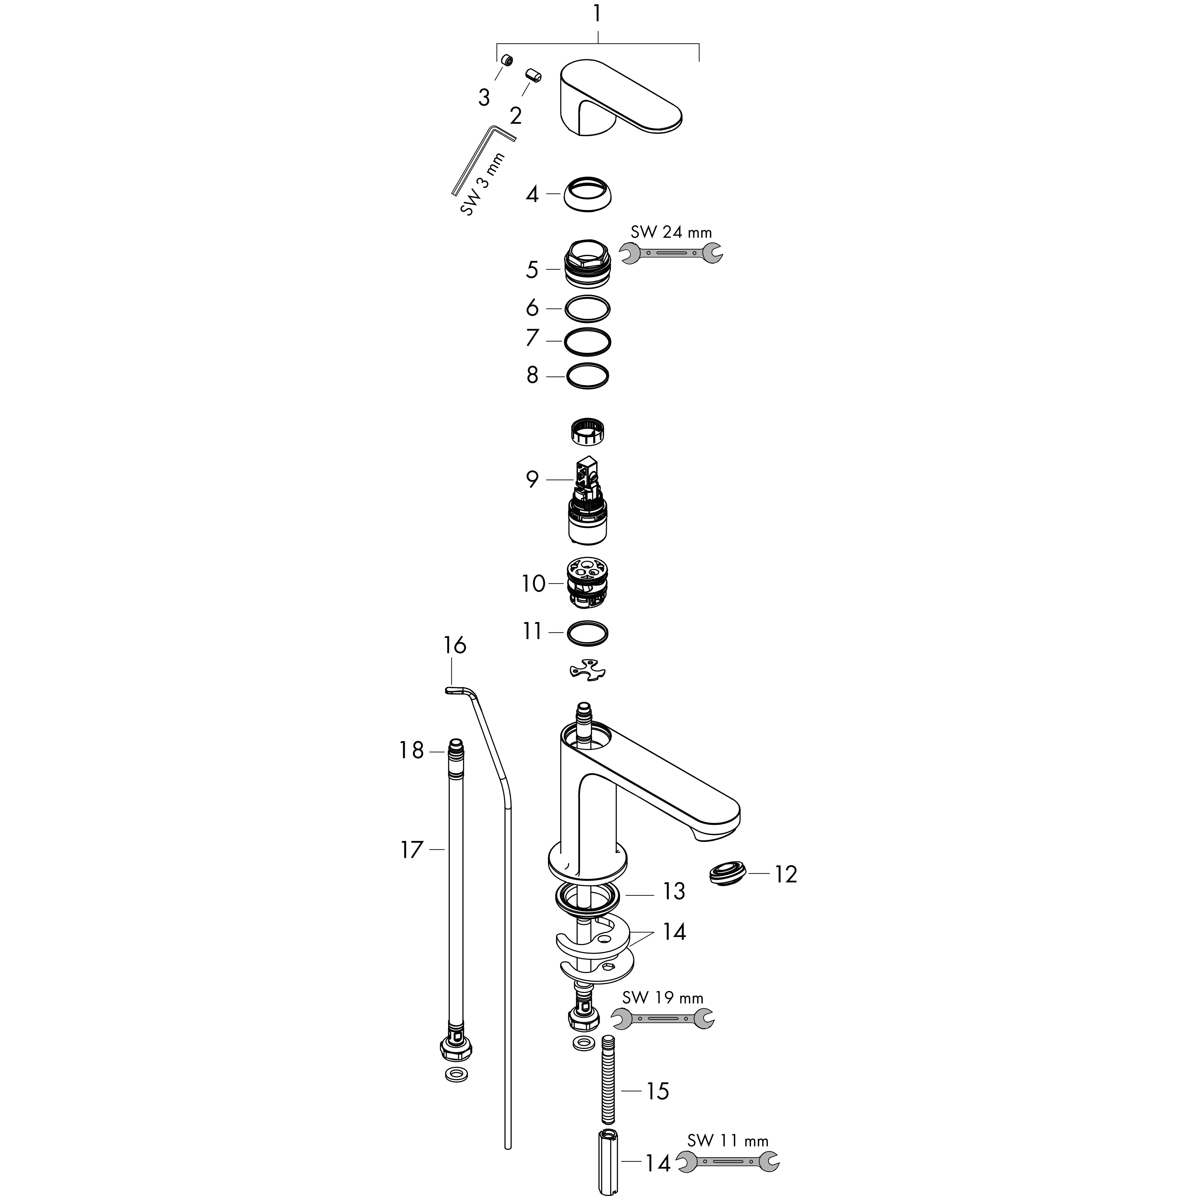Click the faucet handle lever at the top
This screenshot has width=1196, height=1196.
coord(619,99)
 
